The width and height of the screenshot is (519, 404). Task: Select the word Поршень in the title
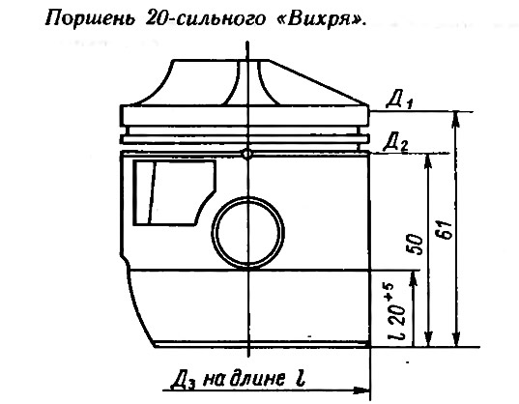tap(90, 19)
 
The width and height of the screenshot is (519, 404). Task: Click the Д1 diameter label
tap(398, 100)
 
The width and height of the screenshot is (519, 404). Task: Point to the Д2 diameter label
tap(395, 143)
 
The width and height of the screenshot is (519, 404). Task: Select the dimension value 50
tap(416, 245)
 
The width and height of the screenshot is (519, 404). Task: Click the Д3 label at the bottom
tap(183, 380)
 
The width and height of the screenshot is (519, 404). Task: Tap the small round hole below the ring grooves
tap(246, 154)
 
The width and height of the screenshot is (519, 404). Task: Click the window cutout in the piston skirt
tap(174, 193)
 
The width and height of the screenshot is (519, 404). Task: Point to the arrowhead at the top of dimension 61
tap(456, 119)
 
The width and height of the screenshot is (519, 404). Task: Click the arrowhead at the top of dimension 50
tap(428, 160)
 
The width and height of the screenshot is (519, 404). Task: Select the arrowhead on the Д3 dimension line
tap(361, 390)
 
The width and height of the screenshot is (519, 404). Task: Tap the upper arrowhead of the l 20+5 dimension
tap(413, 278)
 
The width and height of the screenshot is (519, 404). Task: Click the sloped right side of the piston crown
tap(318, 82)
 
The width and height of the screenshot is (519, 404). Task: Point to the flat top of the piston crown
tap(220, 60)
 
